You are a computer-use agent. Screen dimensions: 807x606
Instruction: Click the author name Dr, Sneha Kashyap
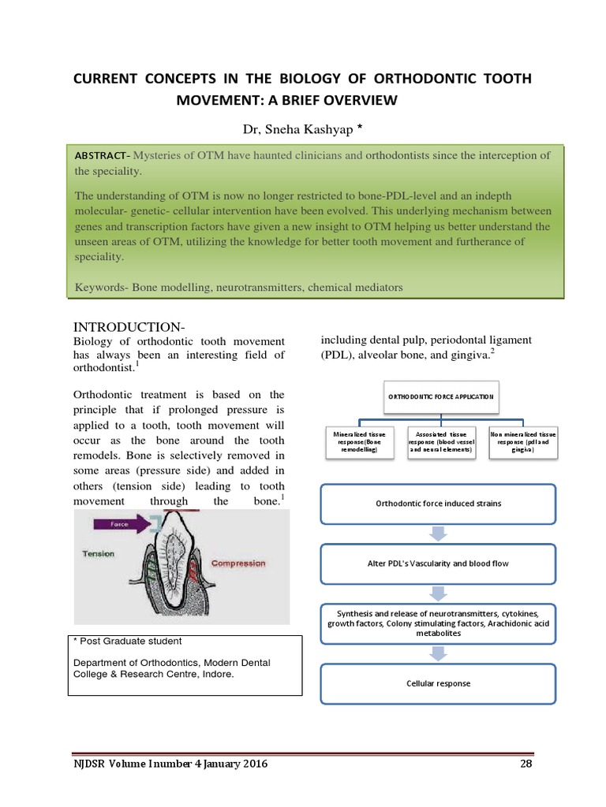[x=297, y=128]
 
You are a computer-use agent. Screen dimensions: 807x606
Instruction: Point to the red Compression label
[x=238, y=563]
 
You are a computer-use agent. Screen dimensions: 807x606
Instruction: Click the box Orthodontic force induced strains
[x=438, y=504]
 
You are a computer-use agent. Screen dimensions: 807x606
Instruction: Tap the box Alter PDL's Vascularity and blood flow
[x=438, y=563]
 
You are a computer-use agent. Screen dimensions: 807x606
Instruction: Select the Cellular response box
[x=438, y=683]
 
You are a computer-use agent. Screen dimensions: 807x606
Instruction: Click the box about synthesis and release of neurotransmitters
[x=438, y=623]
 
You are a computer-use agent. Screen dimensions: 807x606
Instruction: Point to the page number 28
[x=527, y=764]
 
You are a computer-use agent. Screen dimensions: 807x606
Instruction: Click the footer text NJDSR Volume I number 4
[x=163, y=764]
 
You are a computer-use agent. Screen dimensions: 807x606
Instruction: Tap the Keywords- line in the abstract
[x=238, y=288]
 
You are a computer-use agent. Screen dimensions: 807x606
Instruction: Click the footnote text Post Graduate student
[x=129, y=641]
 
